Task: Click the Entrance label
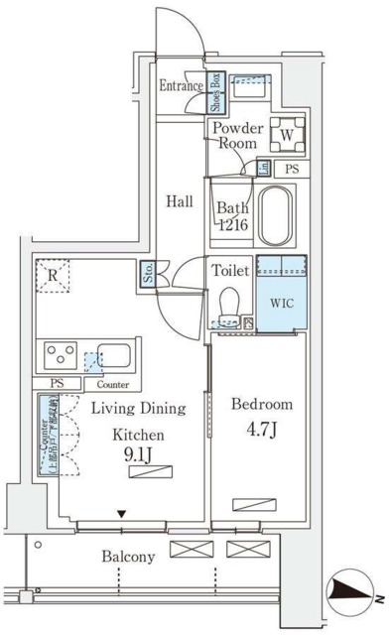(x=181, y=86)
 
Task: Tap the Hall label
(x=179, y=200)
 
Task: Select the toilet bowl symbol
(x=230, y=304)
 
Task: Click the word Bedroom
(x=262, y=405)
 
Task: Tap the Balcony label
(x=128, y=557)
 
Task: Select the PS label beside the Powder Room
(x=291, y=170)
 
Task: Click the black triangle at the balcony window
(x=121, y=514)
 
